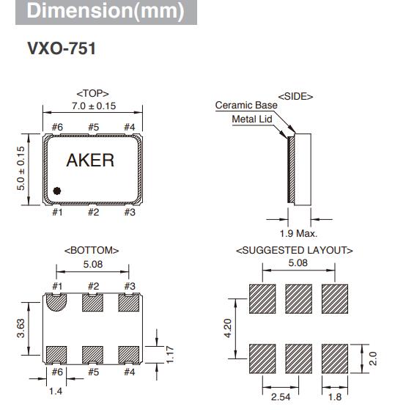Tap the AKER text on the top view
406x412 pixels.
pos(91,161)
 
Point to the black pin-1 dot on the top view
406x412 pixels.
pos(57,191)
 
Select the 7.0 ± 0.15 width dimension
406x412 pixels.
pos(93,106)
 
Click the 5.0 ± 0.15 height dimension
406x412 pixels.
pos(21,169)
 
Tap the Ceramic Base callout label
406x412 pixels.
pos(246,106)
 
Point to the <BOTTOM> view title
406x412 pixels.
pos(92,250)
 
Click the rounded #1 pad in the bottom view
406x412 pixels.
pos(56,301)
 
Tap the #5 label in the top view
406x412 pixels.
pos(93,128)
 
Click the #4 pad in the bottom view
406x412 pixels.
pos(130,356)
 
